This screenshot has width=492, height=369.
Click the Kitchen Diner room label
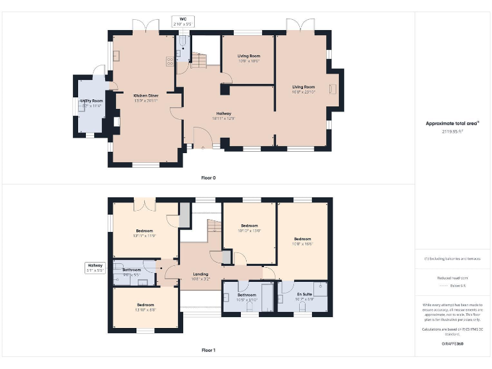point(145,98)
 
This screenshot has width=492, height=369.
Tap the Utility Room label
point(92,103)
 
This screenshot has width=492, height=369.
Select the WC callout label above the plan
point(183,21)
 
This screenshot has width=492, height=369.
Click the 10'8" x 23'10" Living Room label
point(304,89)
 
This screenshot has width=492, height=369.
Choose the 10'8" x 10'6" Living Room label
point(249,58)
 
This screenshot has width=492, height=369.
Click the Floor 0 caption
point(208,177)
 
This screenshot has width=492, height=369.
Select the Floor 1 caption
point(208,350)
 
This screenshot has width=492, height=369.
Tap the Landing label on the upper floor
point(201,277)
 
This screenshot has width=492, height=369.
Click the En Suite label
point(304,296)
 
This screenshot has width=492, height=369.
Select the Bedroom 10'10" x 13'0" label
point(249,228)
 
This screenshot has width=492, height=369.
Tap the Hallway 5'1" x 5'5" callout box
point(95,267)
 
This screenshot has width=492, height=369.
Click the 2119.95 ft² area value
point(452,131)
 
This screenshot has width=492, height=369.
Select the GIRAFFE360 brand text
point(452,344)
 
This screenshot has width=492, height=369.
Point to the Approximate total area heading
point(452,123)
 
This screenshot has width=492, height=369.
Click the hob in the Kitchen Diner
point(170,62)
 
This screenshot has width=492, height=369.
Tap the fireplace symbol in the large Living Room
point(332,90)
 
